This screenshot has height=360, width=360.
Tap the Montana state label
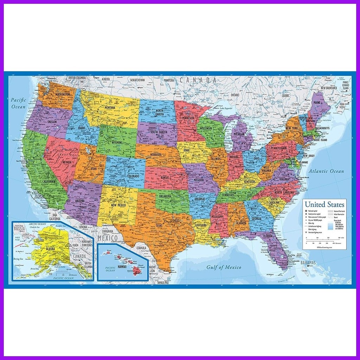110,107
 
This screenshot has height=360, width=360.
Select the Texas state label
159,225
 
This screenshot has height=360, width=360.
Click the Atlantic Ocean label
326,171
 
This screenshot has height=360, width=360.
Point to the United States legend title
324,204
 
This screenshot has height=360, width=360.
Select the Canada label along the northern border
198,80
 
